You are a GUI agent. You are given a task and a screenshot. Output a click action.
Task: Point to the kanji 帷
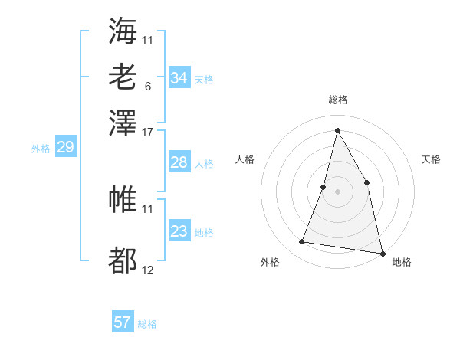coord(123,199)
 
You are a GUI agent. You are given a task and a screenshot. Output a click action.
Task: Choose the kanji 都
coord(123,261)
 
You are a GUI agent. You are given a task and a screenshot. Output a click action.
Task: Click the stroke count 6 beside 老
coord(147,87)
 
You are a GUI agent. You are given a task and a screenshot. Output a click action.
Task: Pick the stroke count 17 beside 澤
coord(148,132)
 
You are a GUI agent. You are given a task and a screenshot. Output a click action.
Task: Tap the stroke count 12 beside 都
coord(148,270)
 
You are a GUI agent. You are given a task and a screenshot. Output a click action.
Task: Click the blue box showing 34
coord(179,78)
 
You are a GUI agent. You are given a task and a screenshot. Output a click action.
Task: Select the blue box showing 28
coord(179,162)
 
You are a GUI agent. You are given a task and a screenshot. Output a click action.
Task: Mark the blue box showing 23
coord(179,231)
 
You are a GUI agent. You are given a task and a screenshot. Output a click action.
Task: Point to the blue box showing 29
coord(65,148)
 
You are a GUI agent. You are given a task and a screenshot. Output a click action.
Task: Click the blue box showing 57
coord(123,322)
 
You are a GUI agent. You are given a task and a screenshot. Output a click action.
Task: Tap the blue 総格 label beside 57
coord(147,324)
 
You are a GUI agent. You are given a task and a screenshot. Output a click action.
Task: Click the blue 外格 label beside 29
coord(41,149)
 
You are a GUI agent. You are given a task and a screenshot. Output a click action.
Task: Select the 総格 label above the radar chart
coord(337,100)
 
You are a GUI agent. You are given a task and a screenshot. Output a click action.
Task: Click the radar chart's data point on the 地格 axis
coord(381,252)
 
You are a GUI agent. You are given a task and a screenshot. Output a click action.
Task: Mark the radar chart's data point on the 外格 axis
coord(302,242)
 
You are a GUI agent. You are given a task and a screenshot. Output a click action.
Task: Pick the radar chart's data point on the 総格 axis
coord(337,129)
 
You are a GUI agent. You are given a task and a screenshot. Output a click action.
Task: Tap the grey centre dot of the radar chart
coord(337,191)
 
